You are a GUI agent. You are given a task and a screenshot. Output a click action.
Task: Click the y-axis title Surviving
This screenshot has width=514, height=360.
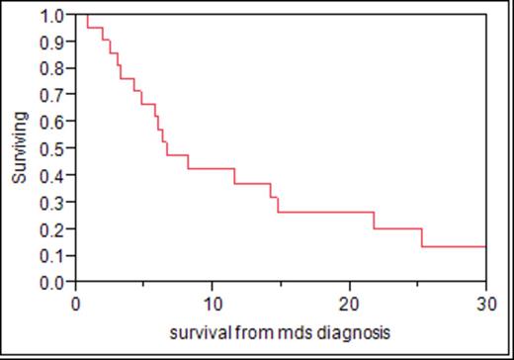point(19,148)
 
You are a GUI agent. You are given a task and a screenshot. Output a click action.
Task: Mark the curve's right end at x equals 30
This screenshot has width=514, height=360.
point(484,246)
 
